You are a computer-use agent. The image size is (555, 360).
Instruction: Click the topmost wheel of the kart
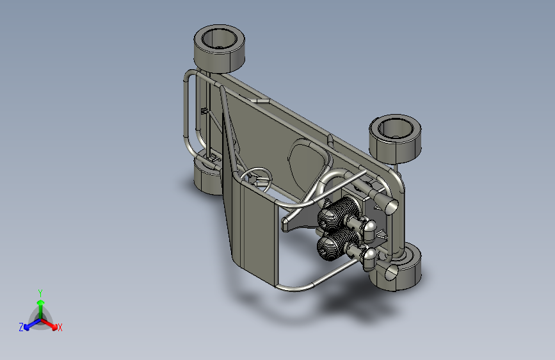pos(220,49)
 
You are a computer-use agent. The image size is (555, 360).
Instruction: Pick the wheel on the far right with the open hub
pos(396,139)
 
